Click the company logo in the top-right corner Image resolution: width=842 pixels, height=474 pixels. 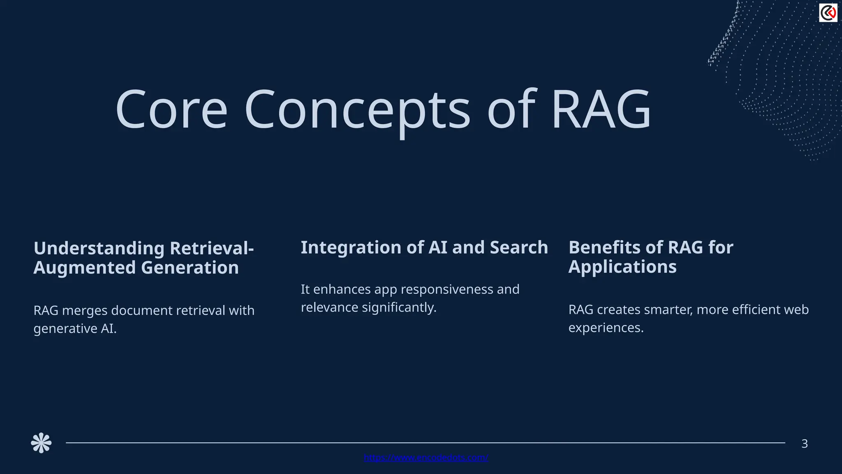click(828, 13)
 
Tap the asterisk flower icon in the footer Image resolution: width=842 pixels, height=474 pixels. click(41, 443)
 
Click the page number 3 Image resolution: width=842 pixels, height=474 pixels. click(805, 444)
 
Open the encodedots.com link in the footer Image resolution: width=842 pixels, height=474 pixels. click(426, 458)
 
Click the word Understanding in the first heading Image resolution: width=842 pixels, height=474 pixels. click(99, 249)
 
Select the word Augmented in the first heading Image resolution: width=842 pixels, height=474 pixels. click(84, 268)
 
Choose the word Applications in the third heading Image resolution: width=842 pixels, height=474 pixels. click(622, 267)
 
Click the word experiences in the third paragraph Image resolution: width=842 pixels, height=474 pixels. click(606, 328)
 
